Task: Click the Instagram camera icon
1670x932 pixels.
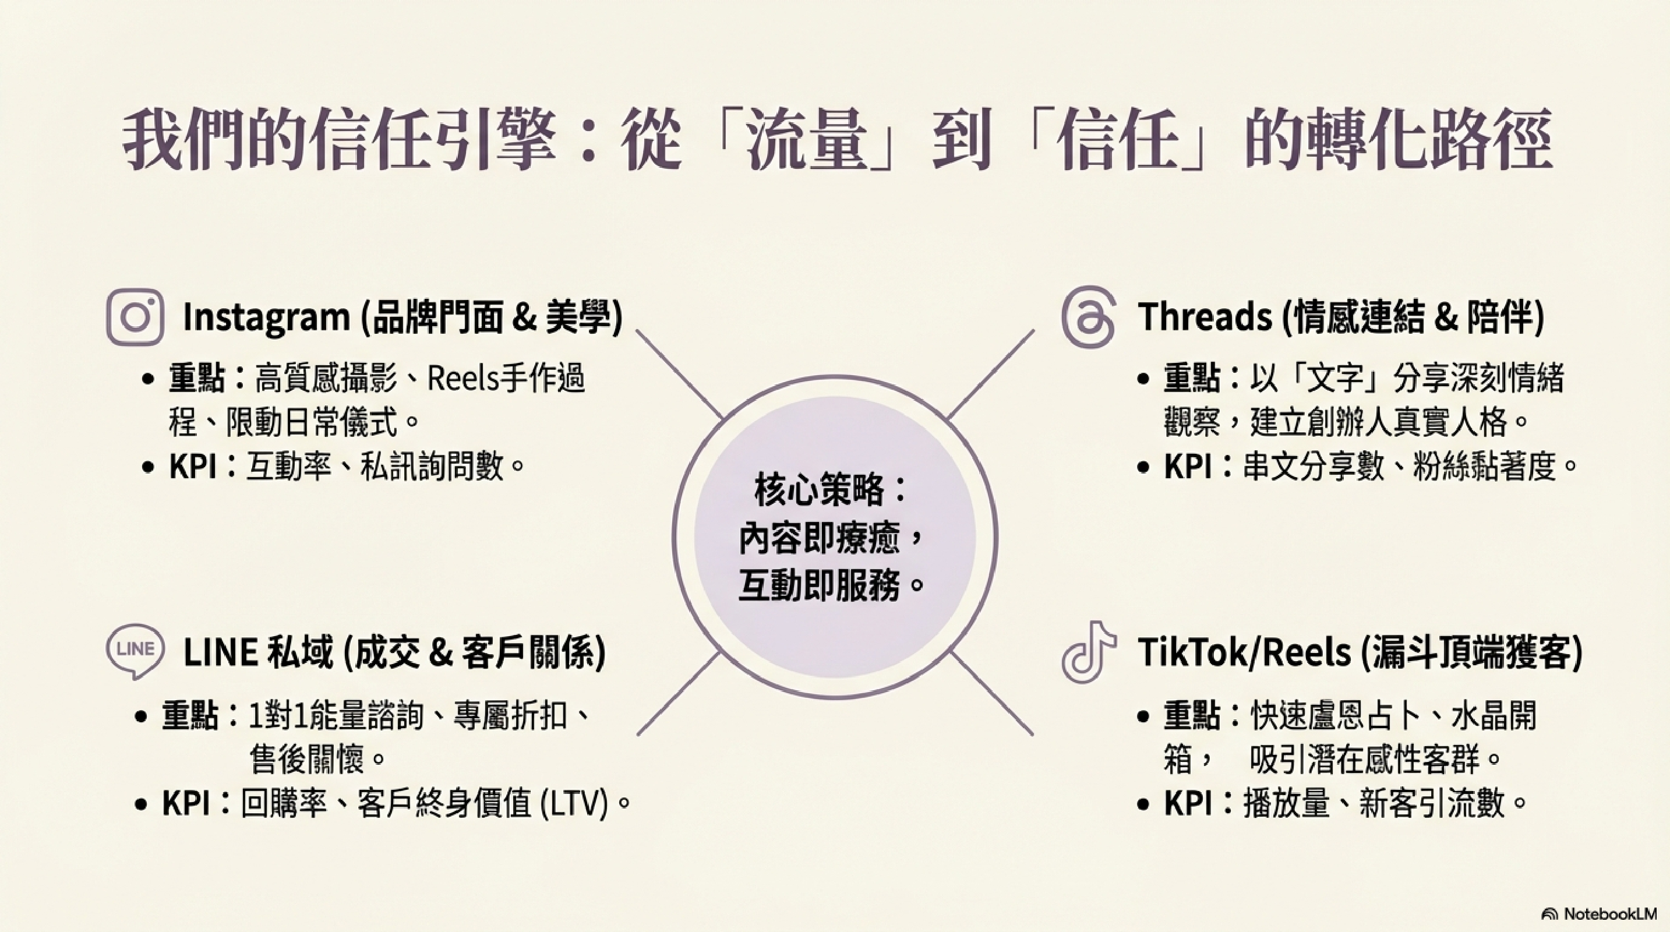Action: coord(135,317)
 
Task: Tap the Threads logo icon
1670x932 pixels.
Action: coord(1089,317)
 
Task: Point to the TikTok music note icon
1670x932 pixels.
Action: coord(1089,652)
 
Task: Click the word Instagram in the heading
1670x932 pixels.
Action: coord(266,317)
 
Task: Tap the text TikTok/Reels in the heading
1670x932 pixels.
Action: coord(1244,652)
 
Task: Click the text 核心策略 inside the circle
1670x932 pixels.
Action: coord(819,490)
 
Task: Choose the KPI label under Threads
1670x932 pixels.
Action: coord(1188,466)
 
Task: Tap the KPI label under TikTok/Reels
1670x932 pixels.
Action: coord(1188,804)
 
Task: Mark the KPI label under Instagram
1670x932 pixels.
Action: coord(193,466)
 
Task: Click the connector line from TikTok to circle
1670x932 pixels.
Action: coord(991,694)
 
